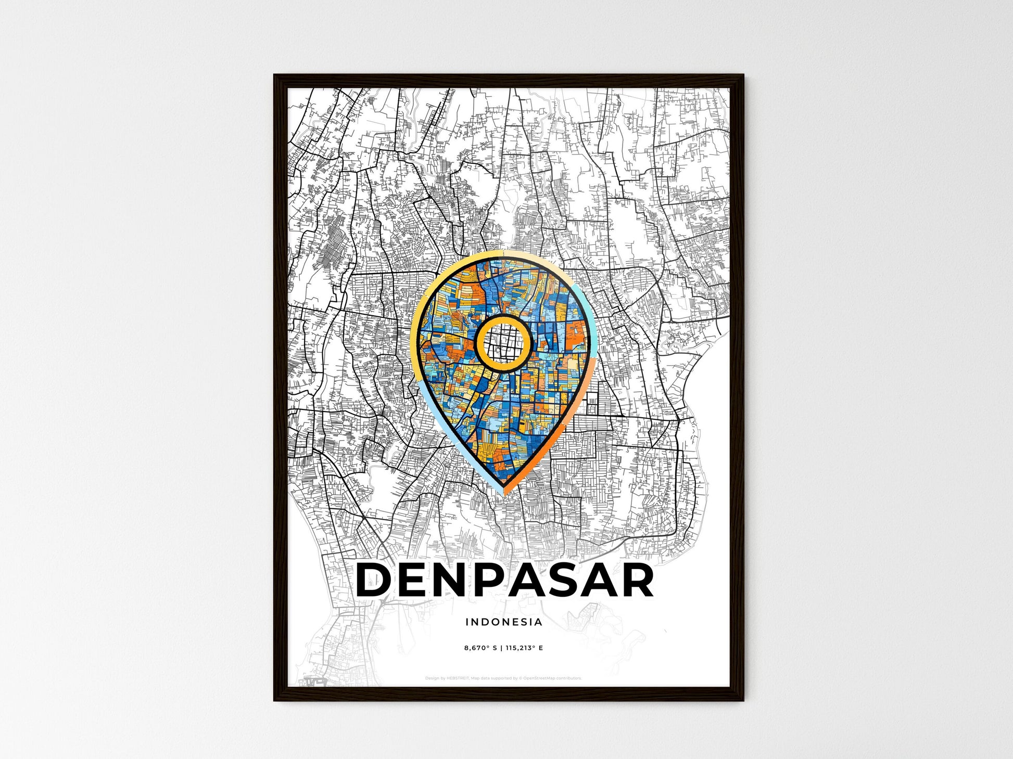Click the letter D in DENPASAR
click(374, 580)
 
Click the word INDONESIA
click(503, 622)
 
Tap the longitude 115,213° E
click(524, 648)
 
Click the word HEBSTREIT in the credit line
click(458, 678)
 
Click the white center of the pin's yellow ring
click(503, 343)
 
